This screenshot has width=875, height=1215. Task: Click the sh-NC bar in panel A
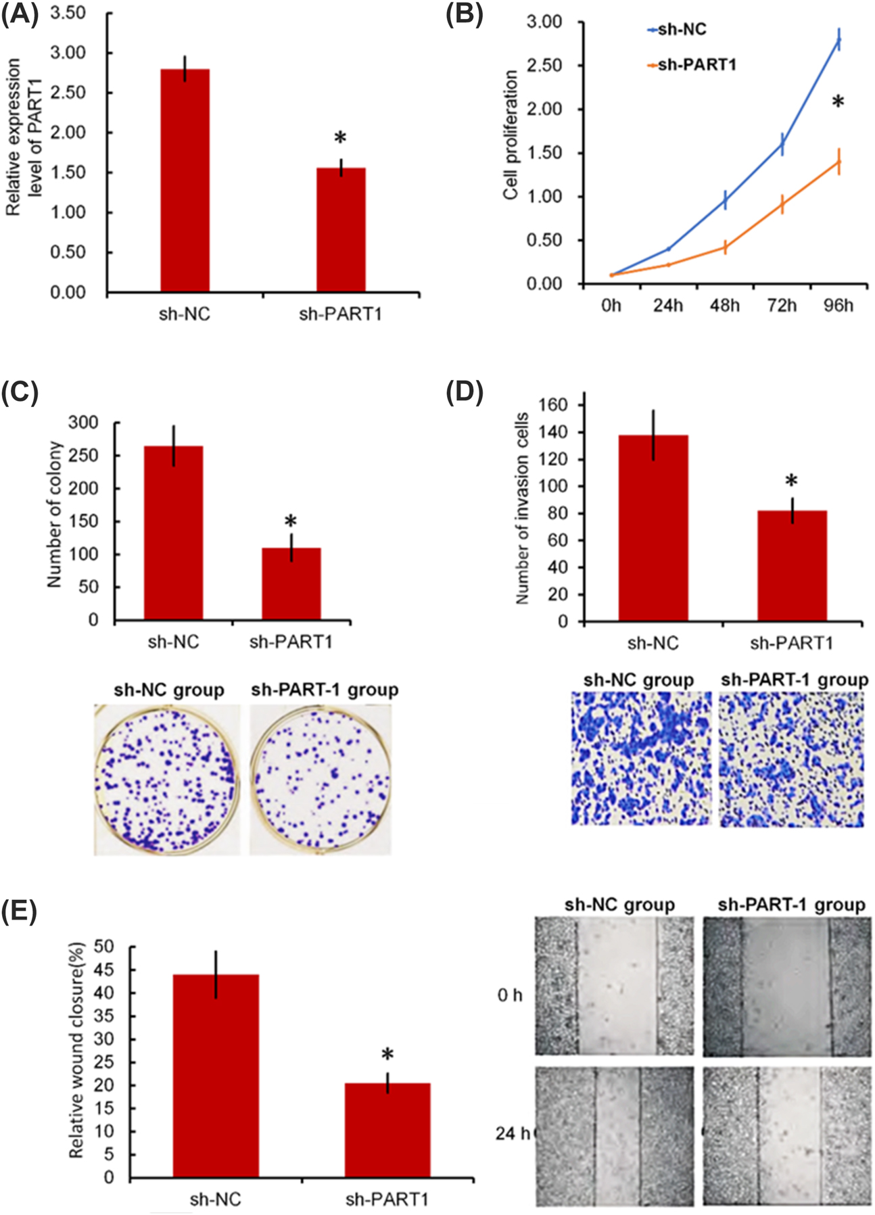click(x=185, y=181)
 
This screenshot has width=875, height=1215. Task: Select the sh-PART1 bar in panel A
click(x=341, y=230)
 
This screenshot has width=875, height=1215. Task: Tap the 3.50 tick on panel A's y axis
click(x=68, y=14)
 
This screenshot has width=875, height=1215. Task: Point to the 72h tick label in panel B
click(x=782, y=306)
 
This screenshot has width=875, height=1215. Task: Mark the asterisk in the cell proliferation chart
click(x=838, y=103)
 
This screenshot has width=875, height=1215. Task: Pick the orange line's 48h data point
click(x=725, y=247)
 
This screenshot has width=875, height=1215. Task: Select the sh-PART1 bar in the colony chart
click(x=291, y=583)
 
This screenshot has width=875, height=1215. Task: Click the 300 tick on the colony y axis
click(x=84, y=423)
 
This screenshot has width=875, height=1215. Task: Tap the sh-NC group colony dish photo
click(x=166, y=779)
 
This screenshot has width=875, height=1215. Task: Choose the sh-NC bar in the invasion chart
click(x=653, y=527)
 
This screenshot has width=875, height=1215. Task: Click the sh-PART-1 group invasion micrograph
click(x=791, y=759)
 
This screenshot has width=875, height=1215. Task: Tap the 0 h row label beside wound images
click(x=510, y=995)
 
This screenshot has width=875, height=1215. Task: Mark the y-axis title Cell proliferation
click(x=511, y=135)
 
